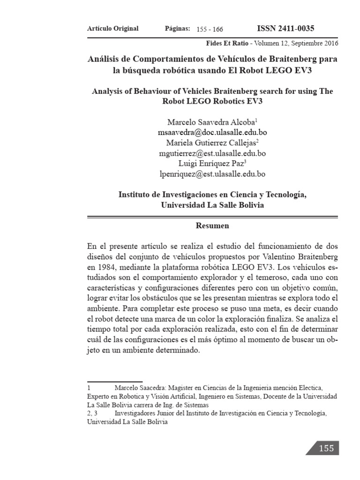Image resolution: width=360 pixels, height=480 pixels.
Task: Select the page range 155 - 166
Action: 210,29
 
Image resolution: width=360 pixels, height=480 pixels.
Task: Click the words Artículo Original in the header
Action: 113,29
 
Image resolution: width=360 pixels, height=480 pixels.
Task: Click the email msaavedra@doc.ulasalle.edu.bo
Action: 213,132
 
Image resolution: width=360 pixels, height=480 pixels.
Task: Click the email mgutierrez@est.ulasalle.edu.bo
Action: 213,153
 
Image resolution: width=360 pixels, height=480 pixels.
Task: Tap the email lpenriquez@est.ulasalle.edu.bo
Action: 213,174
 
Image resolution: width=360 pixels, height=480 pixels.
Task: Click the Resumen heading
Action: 212,226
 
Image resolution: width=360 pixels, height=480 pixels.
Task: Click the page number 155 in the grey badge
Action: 326,448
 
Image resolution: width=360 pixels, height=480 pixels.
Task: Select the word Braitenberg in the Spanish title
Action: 291,60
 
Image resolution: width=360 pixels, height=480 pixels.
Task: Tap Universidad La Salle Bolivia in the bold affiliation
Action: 212,205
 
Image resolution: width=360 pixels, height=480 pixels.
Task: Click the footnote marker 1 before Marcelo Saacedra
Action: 89,388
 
